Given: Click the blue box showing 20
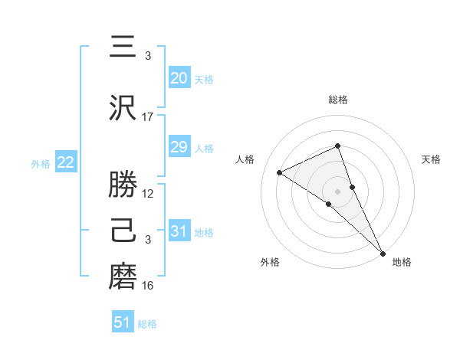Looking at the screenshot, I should (179, 78).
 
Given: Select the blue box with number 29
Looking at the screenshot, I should (179, 147).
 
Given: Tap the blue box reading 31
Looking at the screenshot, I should (179, 231).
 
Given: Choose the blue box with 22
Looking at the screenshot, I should (65, 162).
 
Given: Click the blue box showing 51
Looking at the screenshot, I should (123, 322).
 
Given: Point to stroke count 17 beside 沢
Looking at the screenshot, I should (148, 117).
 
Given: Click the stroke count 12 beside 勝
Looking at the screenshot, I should (148, 194).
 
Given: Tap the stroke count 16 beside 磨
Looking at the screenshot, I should (148, 286).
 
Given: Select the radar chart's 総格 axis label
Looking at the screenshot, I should (338, 100).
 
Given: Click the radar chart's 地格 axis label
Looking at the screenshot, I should (402, 263).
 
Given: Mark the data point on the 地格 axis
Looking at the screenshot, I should (383, 253).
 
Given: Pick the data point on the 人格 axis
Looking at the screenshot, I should (280, 172).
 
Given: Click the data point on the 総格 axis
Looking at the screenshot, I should (338, 146).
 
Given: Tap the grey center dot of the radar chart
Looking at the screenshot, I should (338, 191).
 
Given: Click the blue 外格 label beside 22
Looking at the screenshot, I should (40, 163).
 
